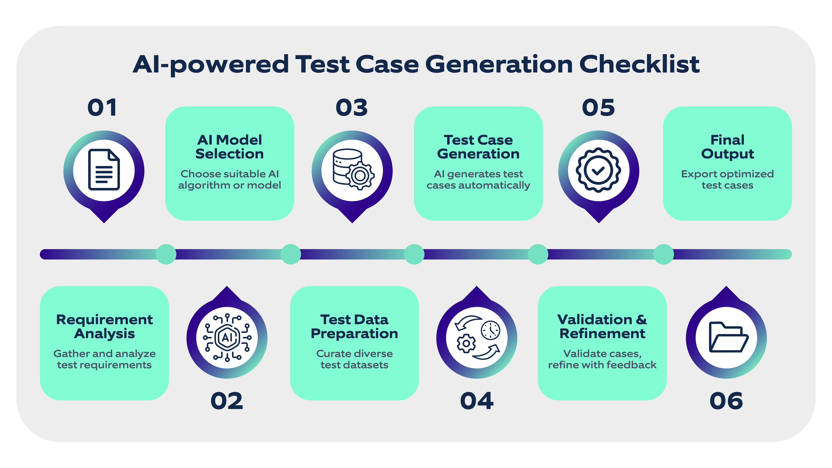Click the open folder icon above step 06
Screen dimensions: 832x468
click(x=728, y=337)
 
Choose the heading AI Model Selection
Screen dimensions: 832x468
click(x=230, y=147)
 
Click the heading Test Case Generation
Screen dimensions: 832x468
click(x=478, y=147)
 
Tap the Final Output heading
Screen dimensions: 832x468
click(x=727, y=147)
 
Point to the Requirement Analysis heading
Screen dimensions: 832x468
click(x=104, y=327)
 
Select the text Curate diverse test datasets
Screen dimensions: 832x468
click(x=354, y=359)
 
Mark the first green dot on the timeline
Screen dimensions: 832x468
click(x=166, y=254)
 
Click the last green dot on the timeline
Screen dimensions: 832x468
click(x=664, y=254)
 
